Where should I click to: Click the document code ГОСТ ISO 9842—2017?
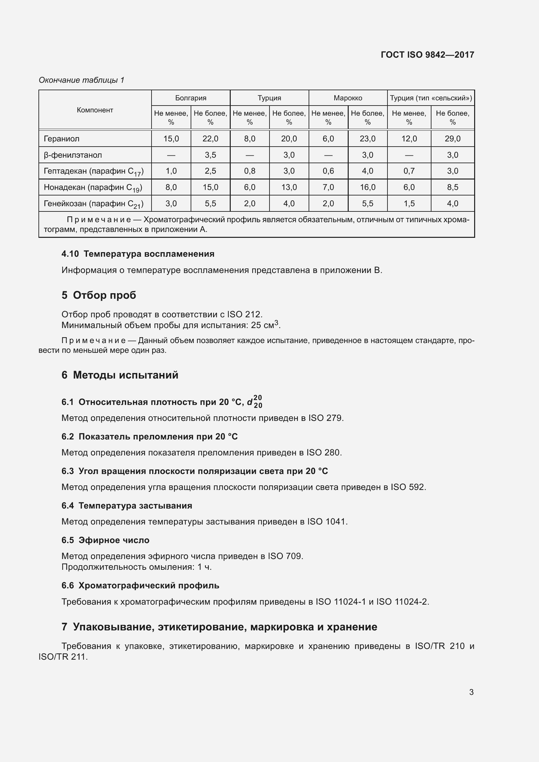coord(428,55)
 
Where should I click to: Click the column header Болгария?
coord(191,98)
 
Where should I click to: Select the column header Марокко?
coord(348,98)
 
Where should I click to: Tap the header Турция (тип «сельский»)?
coord(431,98)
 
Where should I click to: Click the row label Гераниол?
coord(61,139)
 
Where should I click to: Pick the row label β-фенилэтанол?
coord(73,155)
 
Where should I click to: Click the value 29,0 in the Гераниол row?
coord(452,139)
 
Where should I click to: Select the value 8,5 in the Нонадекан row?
coord(452,187)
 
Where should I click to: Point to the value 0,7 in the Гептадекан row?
coord(409,171)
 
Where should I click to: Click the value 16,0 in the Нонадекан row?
coord(367,187)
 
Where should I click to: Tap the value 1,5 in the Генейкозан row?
coord(409,203)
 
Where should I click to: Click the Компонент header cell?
coord(95,110)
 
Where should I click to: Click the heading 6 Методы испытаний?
coord(120,375)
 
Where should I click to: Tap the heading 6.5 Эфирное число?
coord(105,540)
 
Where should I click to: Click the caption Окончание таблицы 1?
coord(81,80)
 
